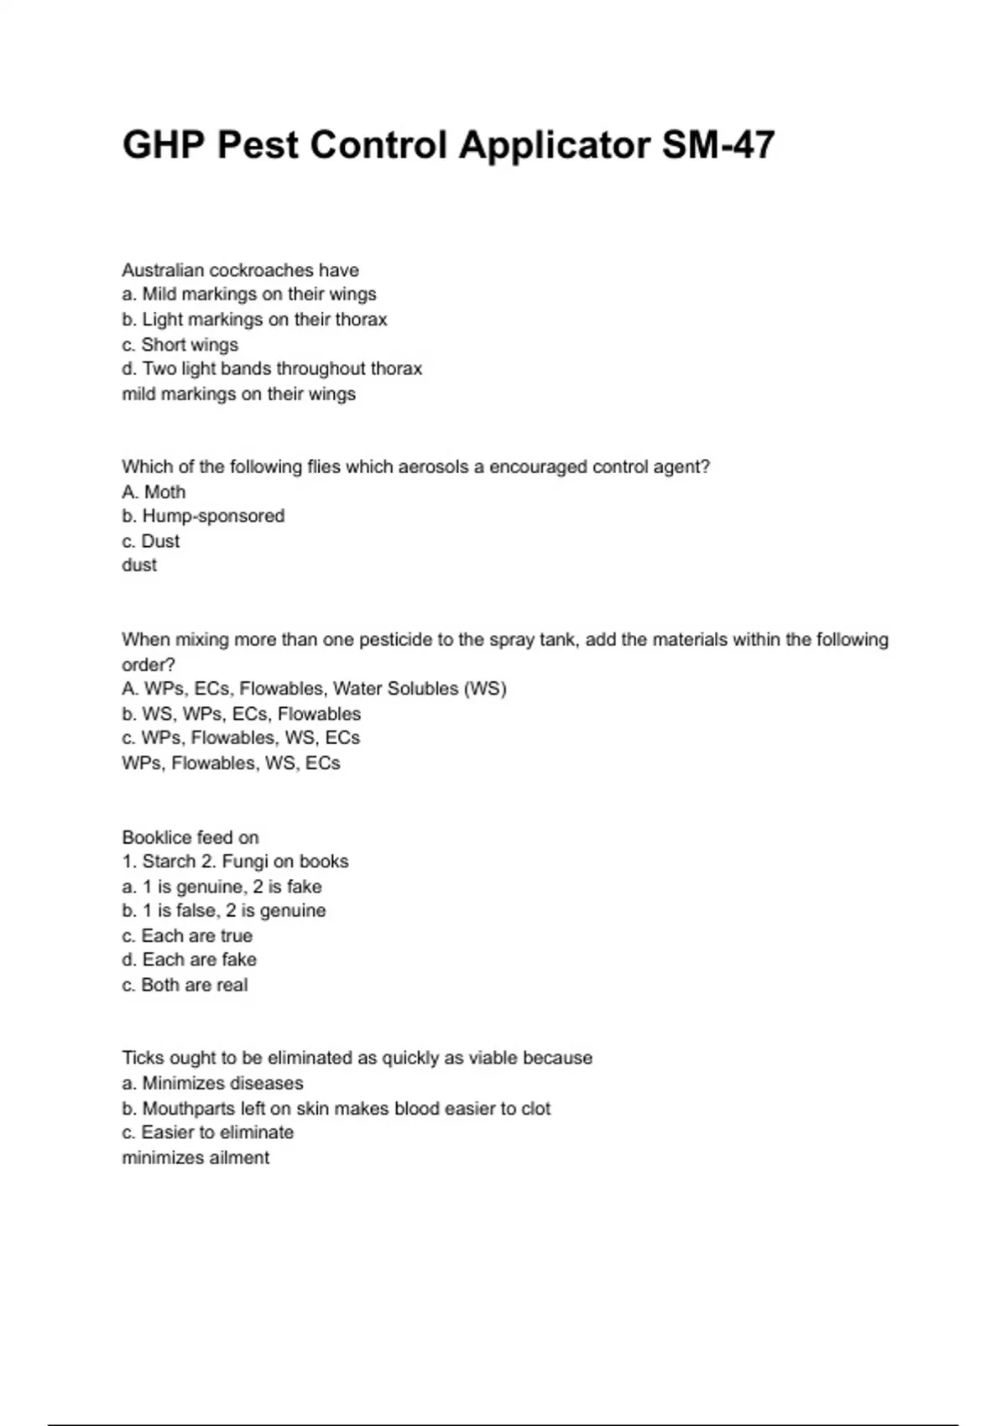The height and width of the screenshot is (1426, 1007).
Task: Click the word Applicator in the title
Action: pyautogui.click(x=554, y=145)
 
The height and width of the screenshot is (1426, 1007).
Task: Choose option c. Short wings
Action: pyautogui.click(x=180, y=345)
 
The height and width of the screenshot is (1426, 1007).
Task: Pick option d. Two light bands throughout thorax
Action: pyautogui.click(x=272, y=369)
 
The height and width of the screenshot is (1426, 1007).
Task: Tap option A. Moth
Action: pyautogui.click(x=154, y=492)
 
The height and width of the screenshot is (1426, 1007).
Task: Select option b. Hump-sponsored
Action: pyautogui.click(x=203, y=516)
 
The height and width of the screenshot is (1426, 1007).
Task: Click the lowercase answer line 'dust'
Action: pyautogui.click(x=139, y=565)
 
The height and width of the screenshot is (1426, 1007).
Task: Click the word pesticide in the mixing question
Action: pyautogui.click(x=394, y=639)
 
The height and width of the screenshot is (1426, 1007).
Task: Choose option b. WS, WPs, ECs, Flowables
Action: pyautogui.click(x=242, y=714)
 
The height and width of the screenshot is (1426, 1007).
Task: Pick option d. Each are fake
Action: pyautogui.click(x=189, y=960)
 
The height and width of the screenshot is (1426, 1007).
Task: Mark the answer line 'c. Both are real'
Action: pyautogui.click(x=185, y=985)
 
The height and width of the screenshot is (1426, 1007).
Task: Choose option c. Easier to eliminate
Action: pyautogui.click(x=208, y=1132)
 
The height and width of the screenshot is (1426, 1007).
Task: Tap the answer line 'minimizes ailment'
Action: pyautogui.click(x=196, y=1158)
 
